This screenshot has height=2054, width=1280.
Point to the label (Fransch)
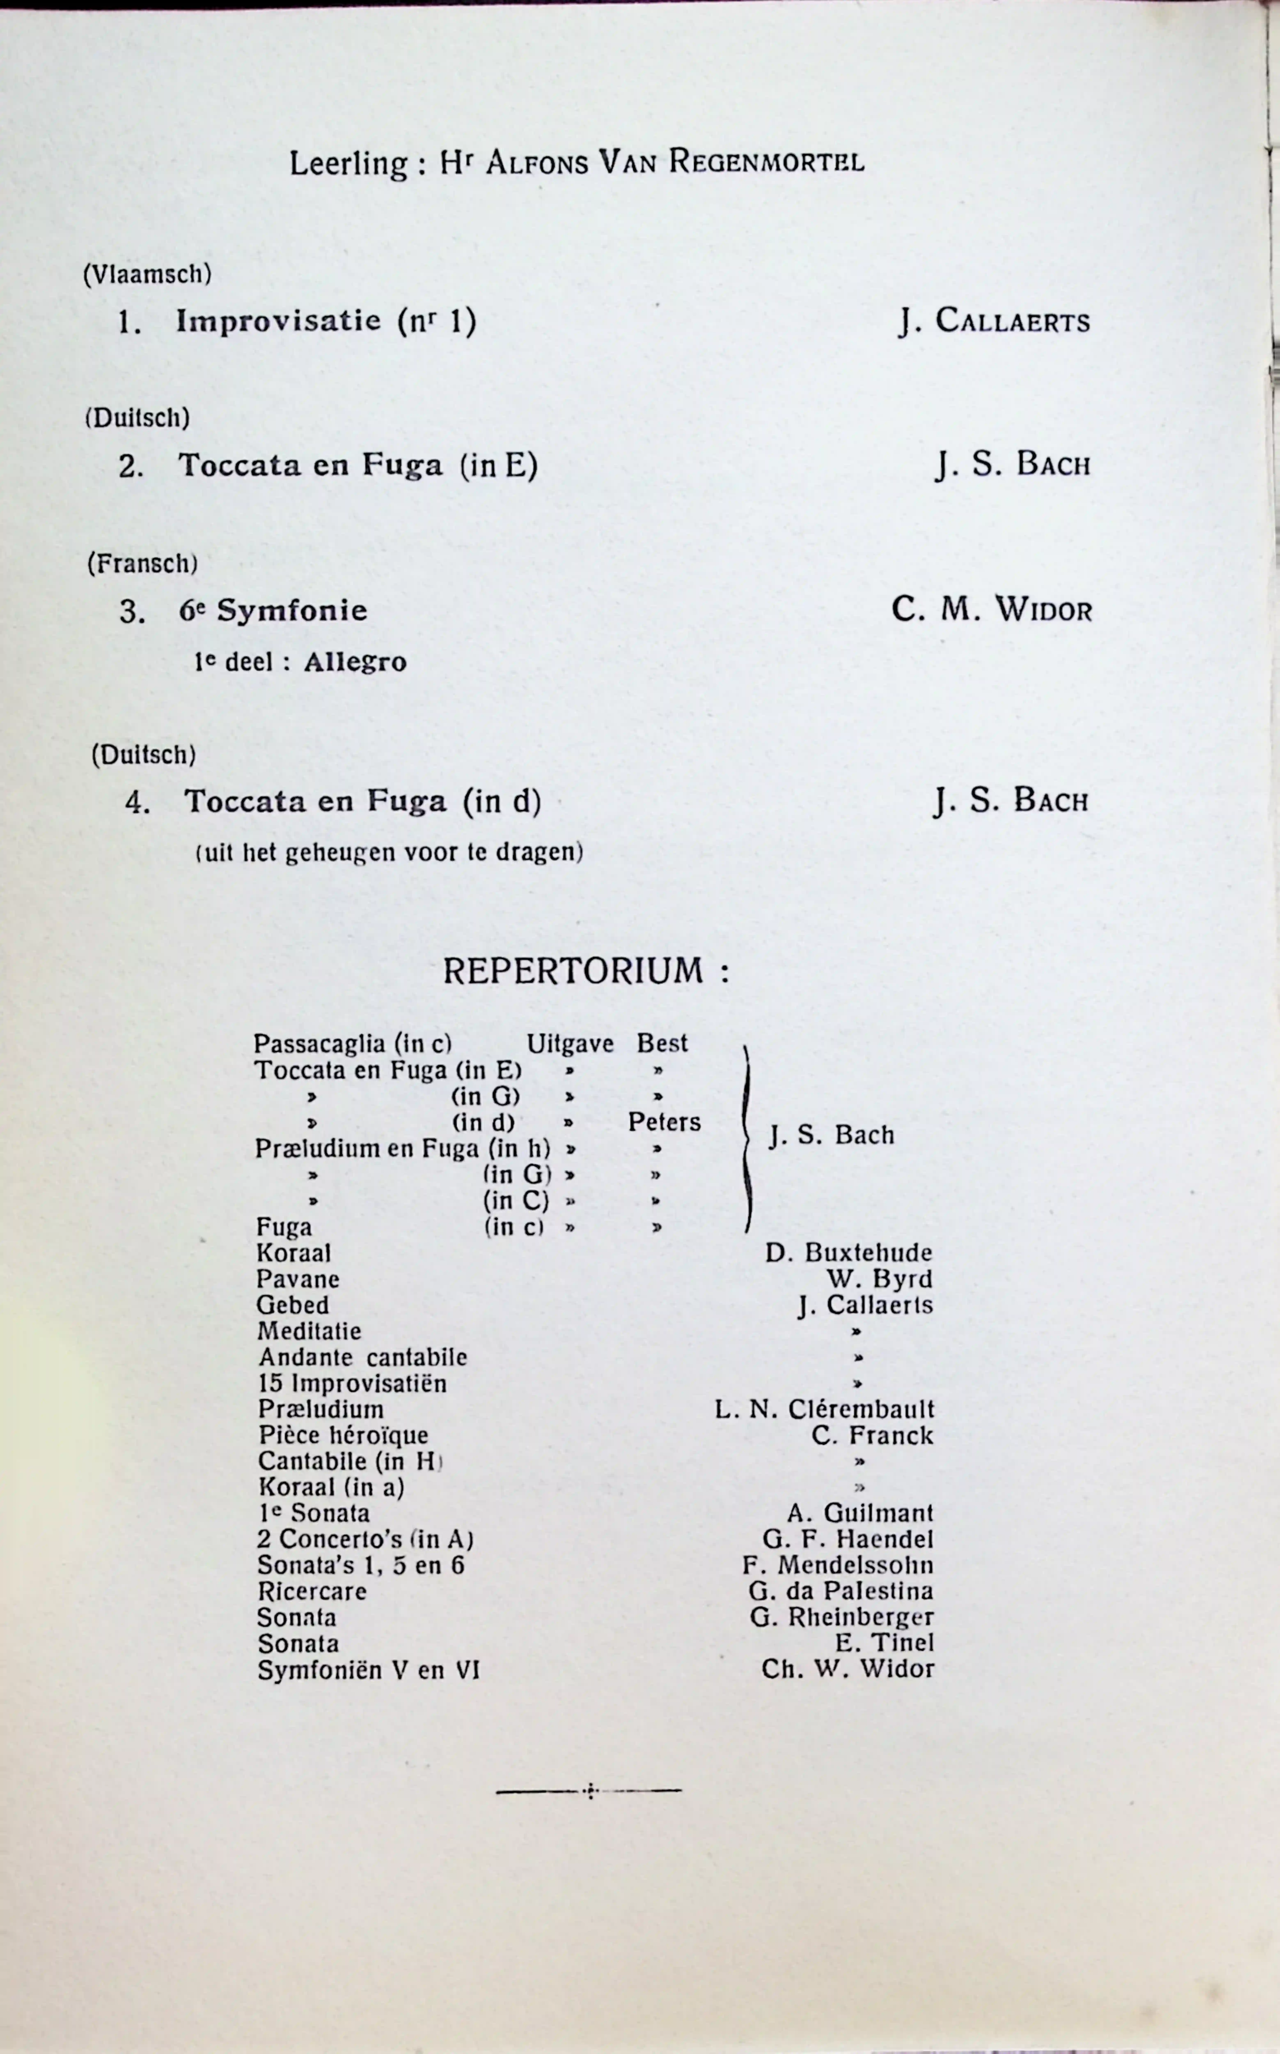[x=142, y=563]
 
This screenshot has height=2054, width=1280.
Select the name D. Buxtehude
[x=848, y=1253]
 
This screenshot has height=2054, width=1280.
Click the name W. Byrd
[x=880, y=1279]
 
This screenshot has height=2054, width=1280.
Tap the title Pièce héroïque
[x=343, y=1436]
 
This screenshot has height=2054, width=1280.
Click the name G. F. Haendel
[x=847, y=1539]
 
